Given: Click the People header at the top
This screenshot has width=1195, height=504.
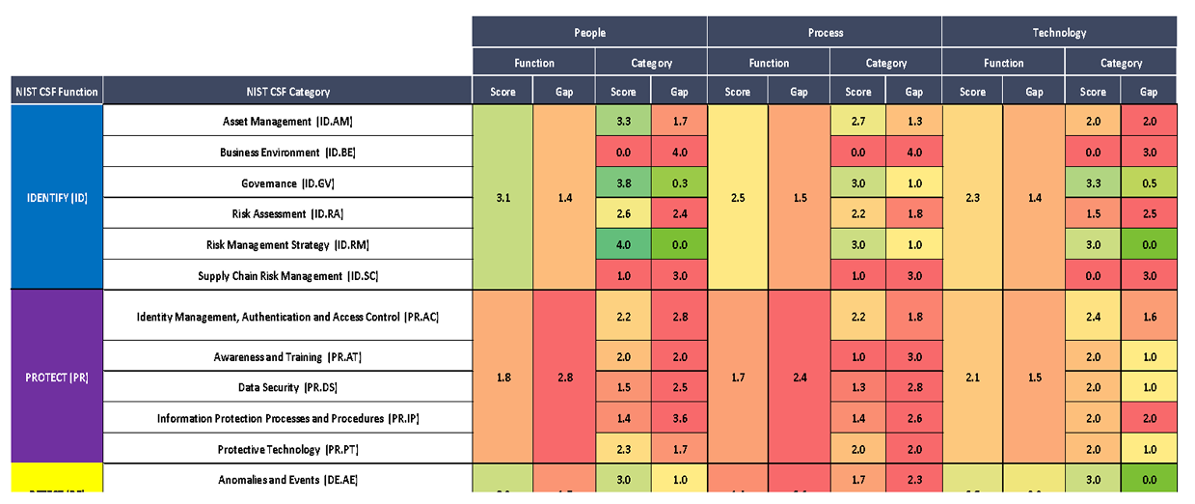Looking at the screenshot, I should [x=589, y=32].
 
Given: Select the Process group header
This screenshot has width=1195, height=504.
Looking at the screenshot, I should [x=825, y=32].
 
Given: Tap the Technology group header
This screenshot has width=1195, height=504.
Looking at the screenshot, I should [x=1059, y=32].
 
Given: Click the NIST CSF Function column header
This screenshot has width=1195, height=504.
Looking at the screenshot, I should [x=56, y=92].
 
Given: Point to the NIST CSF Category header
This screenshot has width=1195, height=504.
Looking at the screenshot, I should [x=288, y=92].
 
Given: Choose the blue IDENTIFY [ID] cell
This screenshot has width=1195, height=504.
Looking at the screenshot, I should [x=56, y=197].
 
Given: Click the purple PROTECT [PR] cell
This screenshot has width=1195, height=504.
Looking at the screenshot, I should [x=56, y=378].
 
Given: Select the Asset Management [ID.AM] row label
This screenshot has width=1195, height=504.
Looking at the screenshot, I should [x=288, y=122].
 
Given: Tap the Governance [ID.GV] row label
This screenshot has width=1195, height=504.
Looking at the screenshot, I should [x=288, y=183].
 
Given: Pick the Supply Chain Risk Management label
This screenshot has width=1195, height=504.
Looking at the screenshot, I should [x=288, y=276].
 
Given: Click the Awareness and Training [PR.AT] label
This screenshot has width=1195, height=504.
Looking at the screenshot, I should [x=288, y=357].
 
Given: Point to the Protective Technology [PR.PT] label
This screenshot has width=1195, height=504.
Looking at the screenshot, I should [x=288, y=449].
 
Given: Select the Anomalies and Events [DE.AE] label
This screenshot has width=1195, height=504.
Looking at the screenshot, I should [x=288, y=480].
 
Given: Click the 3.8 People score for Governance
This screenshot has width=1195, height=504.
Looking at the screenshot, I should [x=623, y=183].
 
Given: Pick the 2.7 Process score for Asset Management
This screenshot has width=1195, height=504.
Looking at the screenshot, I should [x=857, y=122].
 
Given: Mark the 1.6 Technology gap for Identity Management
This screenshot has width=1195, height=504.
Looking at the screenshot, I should [x=1149, y=317].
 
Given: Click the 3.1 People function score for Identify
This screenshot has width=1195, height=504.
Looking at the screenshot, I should [x=503, y=197].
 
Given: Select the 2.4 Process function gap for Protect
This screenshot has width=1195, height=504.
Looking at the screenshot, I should [x=800, y=378].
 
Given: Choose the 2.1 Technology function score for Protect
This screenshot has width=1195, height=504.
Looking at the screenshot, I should [x=972, y=378].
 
